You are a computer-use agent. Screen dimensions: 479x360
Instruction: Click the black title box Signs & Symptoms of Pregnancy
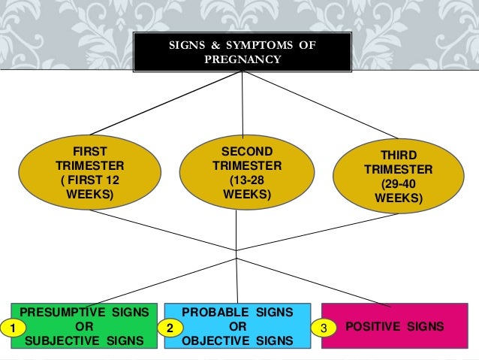(242, 53)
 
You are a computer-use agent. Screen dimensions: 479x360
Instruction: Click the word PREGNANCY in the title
(242, 60)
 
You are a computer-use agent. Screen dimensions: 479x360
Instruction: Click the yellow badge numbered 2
(170, 328)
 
